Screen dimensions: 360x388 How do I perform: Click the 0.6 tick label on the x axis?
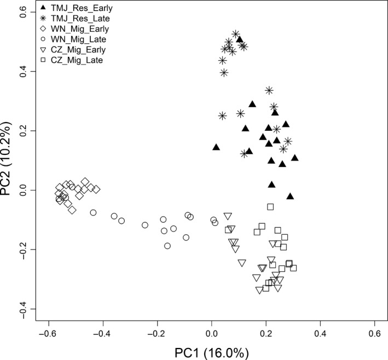tap(375, 334)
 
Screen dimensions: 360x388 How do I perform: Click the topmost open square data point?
tap(270, 206)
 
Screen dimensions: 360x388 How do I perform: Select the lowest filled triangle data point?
tap(290, 196)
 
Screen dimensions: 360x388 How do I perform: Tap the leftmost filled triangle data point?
tap(216, 147)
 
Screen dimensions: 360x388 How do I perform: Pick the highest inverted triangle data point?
tap(228, 216)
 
